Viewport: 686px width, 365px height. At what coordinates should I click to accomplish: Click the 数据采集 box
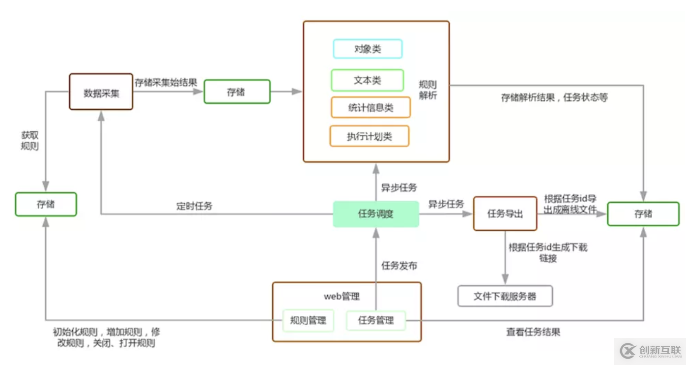tap(101, 92)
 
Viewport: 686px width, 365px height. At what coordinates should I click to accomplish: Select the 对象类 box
tap(368, 49)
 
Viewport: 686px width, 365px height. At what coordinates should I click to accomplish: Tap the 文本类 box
tap(368, 80)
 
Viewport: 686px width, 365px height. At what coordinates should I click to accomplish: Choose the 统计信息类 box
tap(371, 108)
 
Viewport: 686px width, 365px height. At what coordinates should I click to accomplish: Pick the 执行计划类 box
tap(370, 136)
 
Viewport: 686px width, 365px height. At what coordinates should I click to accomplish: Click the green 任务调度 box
tap(376, 214)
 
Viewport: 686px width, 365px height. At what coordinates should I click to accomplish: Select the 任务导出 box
tap(505, 213)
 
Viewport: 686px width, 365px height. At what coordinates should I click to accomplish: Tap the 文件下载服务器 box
tap(505, 296)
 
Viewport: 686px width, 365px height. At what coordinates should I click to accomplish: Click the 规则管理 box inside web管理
tap(308, 321)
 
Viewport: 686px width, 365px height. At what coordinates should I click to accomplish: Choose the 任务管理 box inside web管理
tap(376, 321)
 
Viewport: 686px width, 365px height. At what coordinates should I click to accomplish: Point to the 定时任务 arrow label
tap(195, 206)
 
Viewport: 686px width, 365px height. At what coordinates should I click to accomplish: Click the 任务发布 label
tap(400, 266)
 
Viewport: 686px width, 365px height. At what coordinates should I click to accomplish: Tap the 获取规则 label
tap(29, 141)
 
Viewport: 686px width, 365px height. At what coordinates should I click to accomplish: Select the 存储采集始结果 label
tap(166, 83)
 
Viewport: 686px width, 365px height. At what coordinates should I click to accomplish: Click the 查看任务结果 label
tap(533, 332)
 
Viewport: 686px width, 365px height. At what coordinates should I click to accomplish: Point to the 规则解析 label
tap(428, 90)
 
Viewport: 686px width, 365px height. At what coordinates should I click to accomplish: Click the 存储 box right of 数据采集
tap(237, 92)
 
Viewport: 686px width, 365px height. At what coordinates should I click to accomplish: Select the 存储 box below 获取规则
tap(46, 204)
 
